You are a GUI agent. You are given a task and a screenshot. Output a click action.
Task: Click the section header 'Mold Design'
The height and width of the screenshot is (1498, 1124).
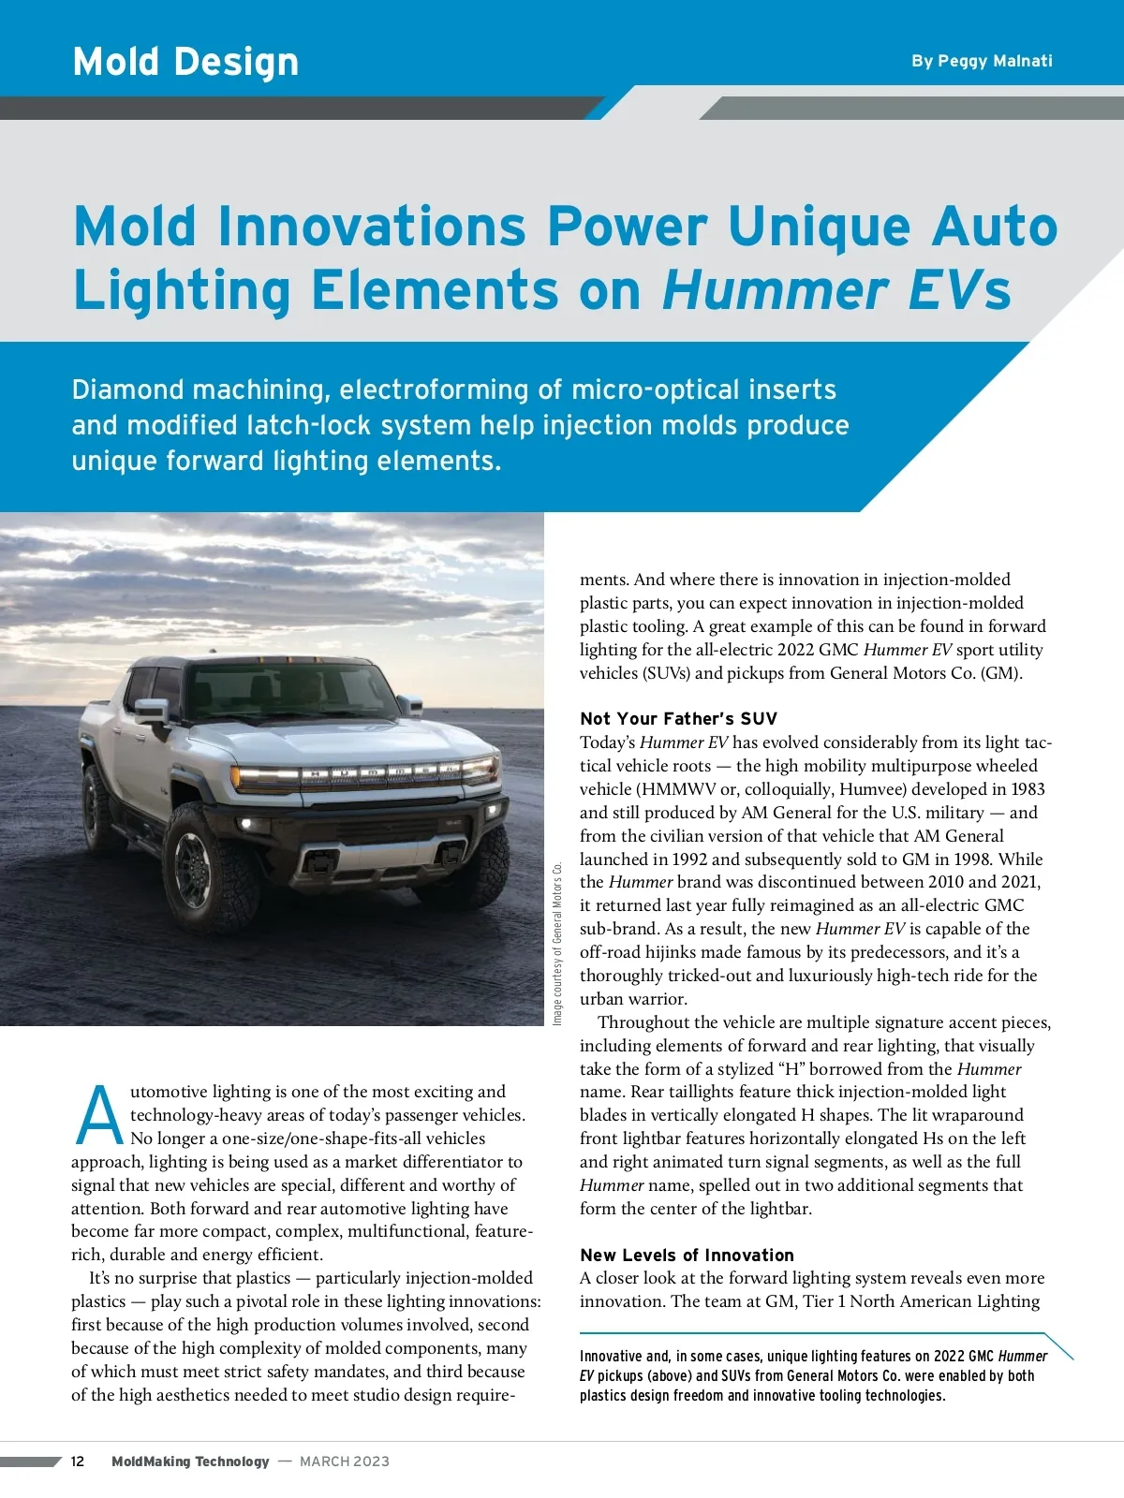click(185, 62)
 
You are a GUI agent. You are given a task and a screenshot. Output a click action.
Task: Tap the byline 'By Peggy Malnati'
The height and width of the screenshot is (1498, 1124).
click(982, 61)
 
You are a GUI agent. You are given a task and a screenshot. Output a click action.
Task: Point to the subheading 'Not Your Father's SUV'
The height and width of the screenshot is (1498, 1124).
click(678, 719)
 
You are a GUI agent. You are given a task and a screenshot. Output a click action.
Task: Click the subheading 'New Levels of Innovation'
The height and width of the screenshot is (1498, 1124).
click(687, 1256)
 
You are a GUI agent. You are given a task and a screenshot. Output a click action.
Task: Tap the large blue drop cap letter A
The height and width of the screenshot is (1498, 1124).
click(98, 1117)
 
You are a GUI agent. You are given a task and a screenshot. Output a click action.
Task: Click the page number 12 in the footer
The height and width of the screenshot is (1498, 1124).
click(78, 1461)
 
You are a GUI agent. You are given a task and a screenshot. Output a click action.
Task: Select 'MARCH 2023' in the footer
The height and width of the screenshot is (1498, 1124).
click(345, 1461)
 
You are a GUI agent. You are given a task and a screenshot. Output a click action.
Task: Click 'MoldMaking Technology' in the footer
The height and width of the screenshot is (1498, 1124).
click(190, 1461)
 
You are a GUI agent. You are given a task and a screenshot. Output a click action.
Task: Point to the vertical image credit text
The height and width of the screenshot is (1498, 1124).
click(557, 943)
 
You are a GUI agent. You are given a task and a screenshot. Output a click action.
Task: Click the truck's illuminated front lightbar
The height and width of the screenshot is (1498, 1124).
click(365, 774)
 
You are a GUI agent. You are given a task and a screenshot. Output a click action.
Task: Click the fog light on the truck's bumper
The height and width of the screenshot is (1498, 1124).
click(248, 825)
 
